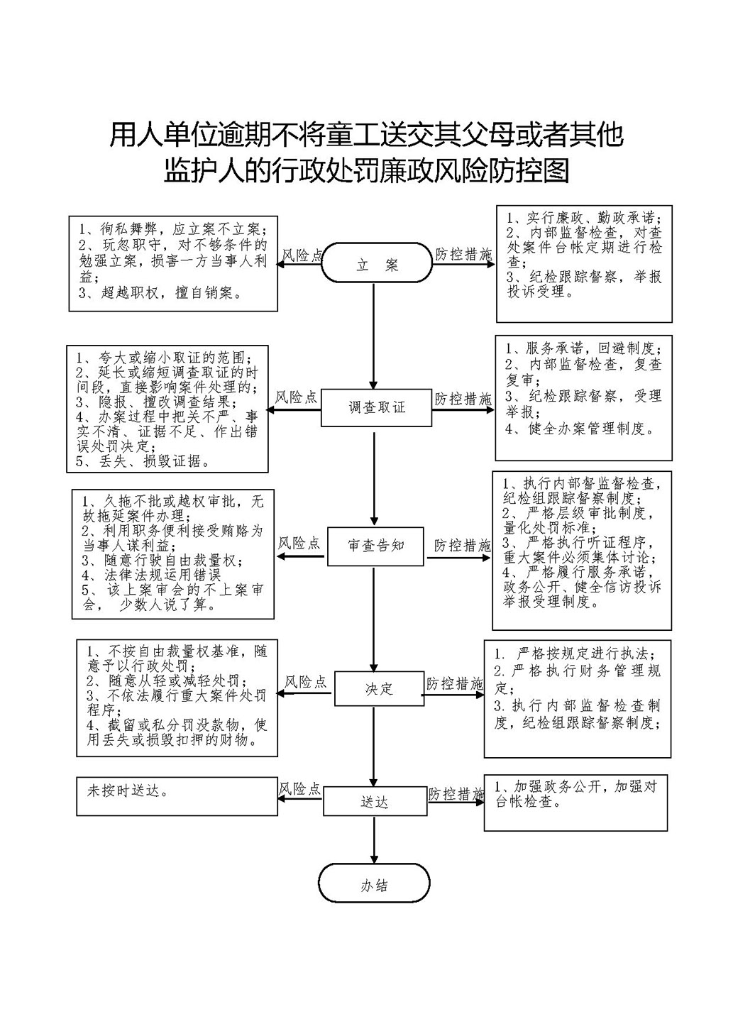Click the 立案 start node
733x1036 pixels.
377,263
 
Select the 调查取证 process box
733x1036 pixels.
377,407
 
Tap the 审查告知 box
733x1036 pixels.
375,546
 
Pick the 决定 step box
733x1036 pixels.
379,689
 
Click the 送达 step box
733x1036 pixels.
375,803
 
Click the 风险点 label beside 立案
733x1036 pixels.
302,255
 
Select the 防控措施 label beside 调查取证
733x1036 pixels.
463,399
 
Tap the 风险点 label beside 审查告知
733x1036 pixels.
299,543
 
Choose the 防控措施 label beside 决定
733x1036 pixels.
455,683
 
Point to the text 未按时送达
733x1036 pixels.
128,791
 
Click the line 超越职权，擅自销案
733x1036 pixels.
160,293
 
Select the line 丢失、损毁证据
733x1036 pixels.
143,461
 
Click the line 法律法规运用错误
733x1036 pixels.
151,575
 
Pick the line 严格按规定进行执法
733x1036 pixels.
574,654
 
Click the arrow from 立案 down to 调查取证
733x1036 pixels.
374,336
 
